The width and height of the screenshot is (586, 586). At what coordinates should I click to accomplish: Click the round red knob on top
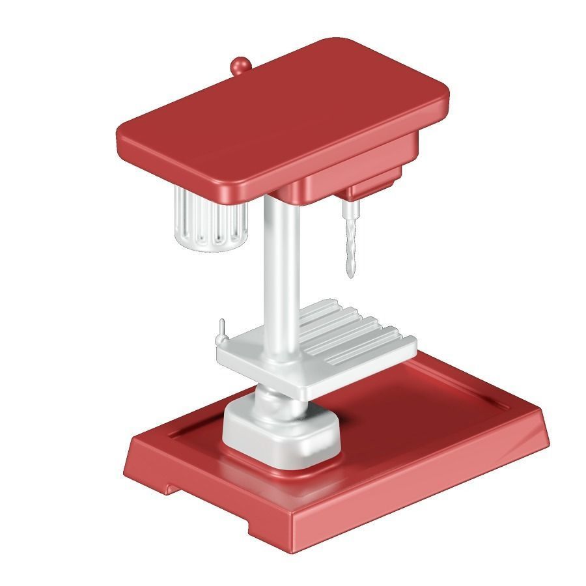240,65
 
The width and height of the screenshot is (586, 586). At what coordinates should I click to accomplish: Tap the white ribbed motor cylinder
210,219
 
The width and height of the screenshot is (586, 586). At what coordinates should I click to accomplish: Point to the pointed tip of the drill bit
351,277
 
